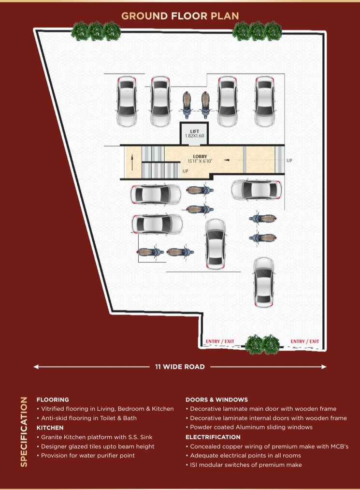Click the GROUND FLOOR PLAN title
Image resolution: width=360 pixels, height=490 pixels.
click(180, 15)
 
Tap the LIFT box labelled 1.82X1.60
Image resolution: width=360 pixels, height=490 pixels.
click(194, 133)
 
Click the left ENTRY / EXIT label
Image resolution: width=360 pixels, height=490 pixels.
click(220, 342)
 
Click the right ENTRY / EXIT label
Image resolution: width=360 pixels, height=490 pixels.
click(304, 342)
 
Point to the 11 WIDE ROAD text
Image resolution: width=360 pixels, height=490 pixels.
click(180, 367)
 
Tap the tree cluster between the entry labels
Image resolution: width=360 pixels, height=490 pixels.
click(262, 344)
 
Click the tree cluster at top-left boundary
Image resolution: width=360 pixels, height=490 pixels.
click(96, 31)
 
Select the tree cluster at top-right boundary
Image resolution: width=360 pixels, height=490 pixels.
click(257, 31)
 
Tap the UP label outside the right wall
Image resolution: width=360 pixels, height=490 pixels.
click(289, 161)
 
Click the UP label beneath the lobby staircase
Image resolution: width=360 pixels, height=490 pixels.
click(186, 171)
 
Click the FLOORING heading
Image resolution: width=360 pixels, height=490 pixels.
click(53, 400)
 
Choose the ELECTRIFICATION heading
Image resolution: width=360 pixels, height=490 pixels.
click(213, 437)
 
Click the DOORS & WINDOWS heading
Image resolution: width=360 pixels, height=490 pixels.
click(216, 400)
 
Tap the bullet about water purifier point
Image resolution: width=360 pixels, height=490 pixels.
click(88, 455)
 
